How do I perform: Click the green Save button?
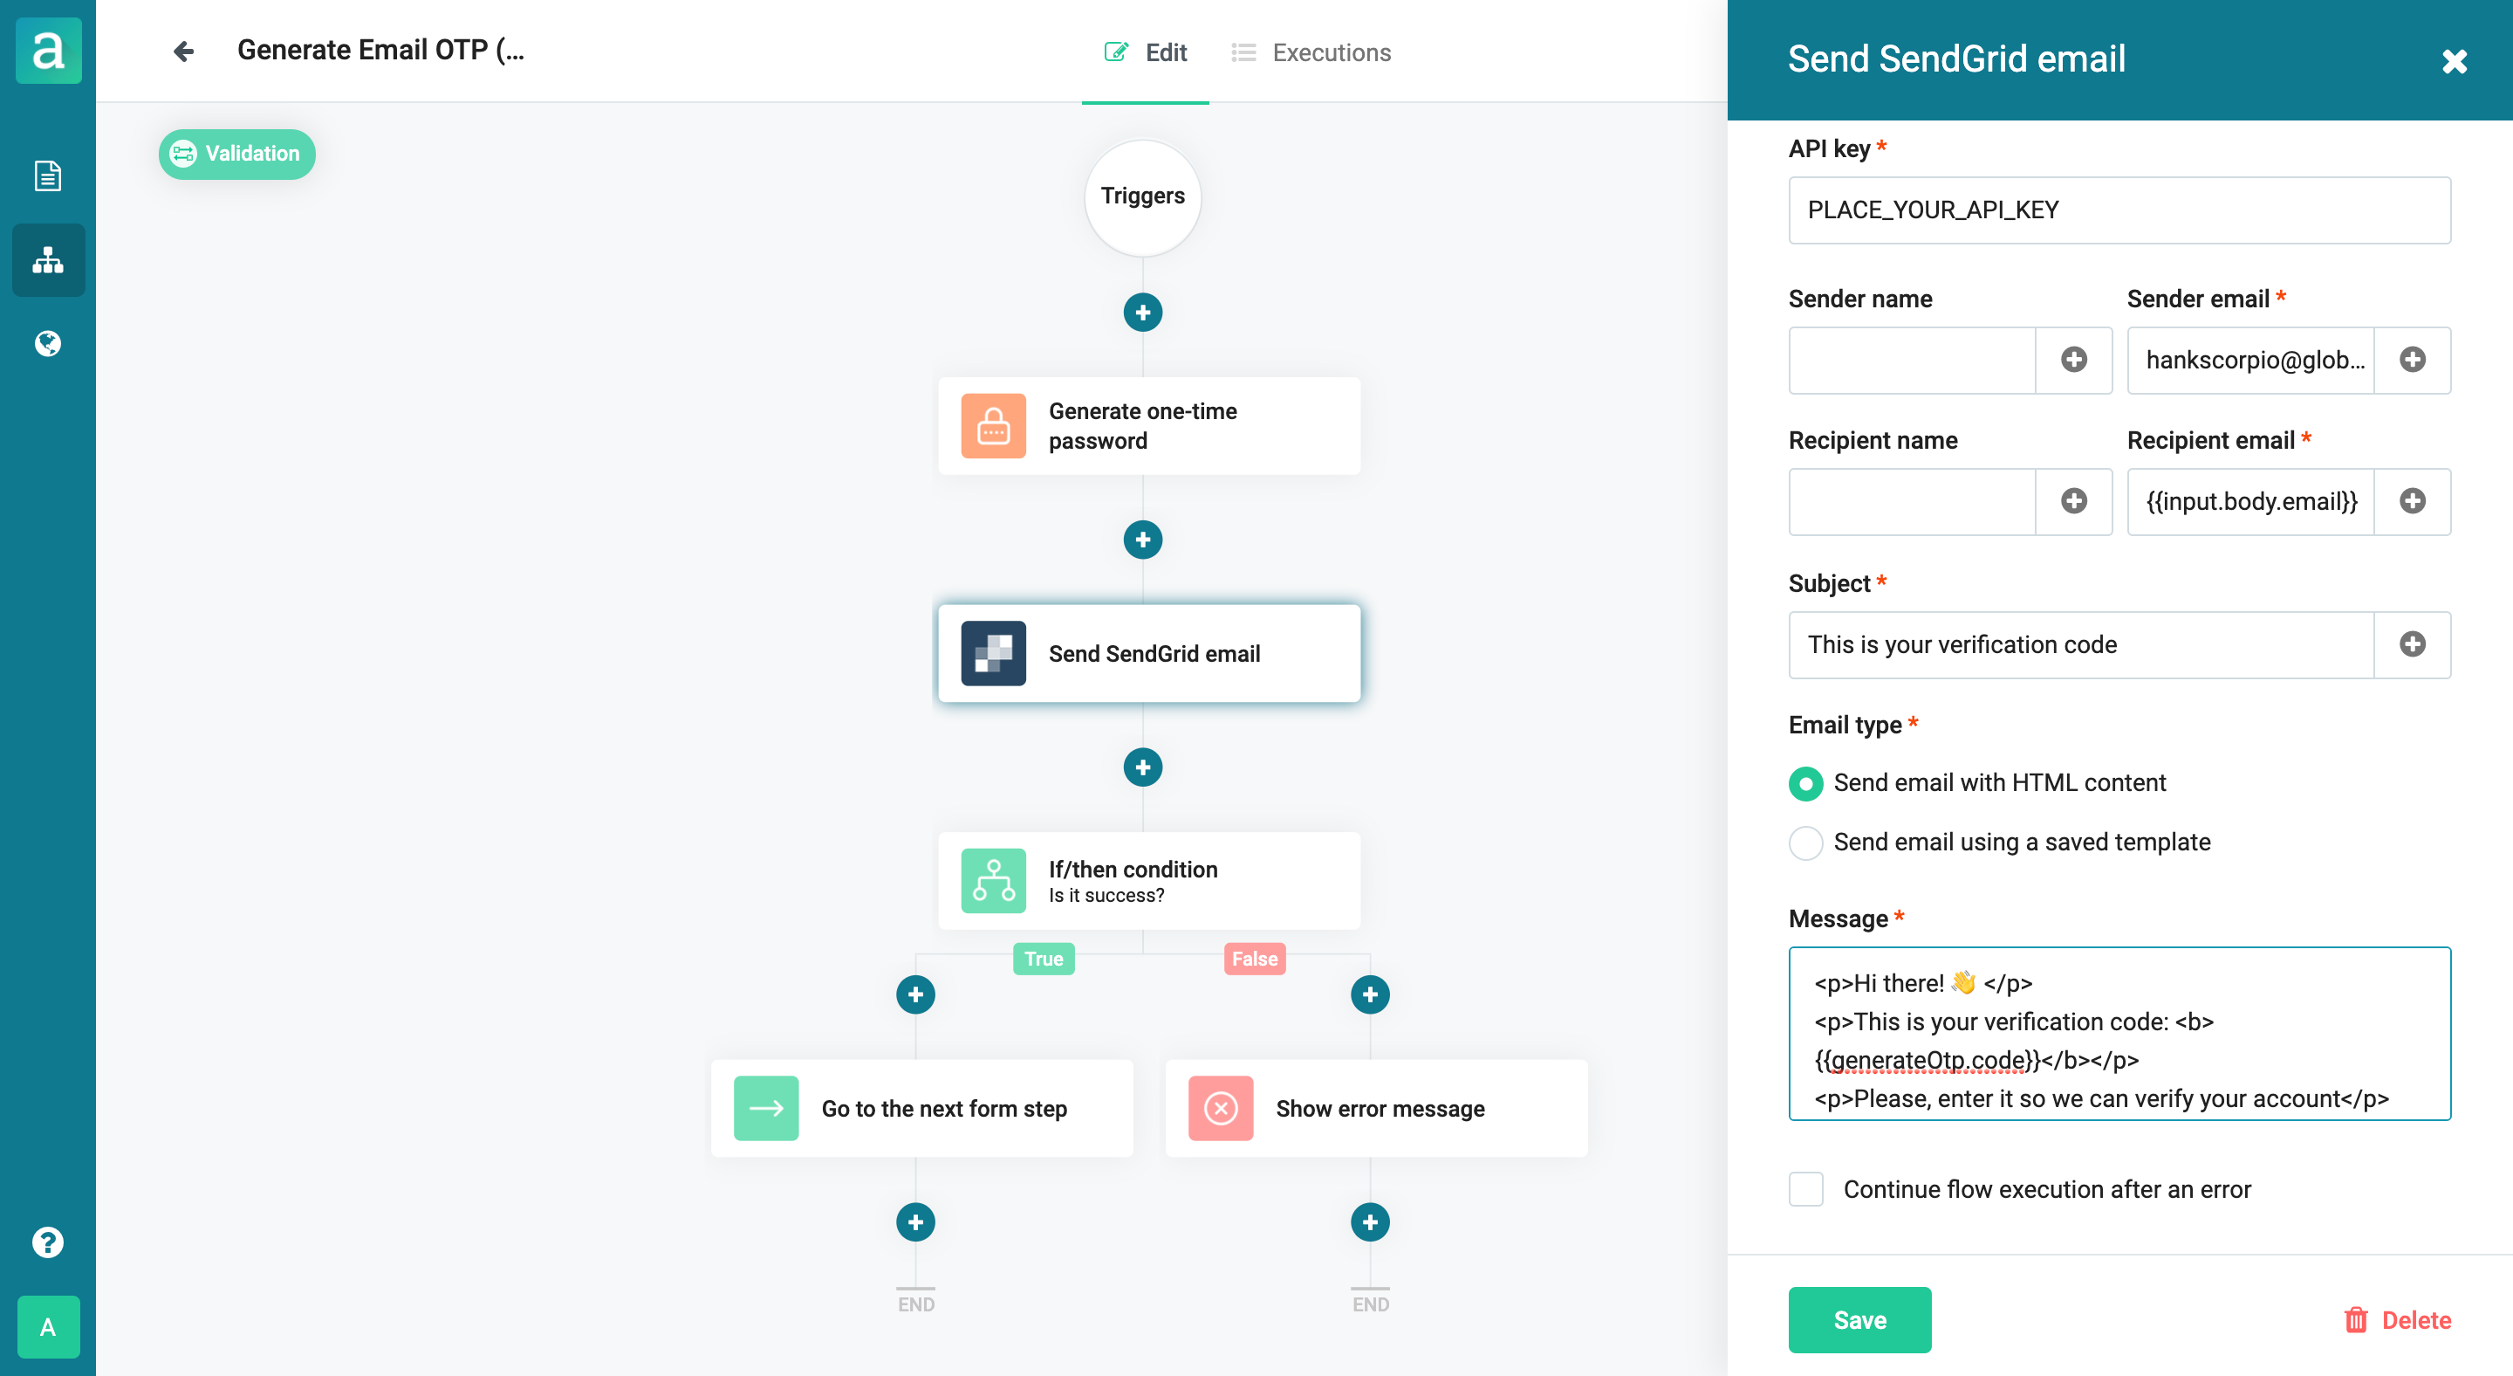[x=1859, y=1319]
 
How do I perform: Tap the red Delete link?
[x=2397, y=1320]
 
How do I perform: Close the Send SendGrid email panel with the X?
[x=2455, y=61]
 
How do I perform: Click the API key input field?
[x=2119, y=210]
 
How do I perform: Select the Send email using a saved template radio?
[x=1805, y=843]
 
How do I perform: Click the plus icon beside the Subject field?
[x=2413, y=644]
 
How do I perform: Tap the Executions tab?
[x=1311, y=52]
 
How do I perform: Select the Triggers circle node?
[x=1142, y=197]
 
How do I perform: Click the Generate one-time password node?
[x=1149, y=426]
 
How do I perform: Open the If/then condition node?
[x=1149, y=881]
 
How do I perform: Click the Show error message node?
[x=1377, y=1109]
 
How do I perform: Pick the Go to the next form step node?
[x=922, y=1109]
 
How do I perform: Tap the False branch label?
[x=1255, y=960]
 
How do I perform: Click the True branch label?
[x=1044, y=960]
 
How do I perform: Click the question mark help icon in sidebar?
[x=48, y=1242]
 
